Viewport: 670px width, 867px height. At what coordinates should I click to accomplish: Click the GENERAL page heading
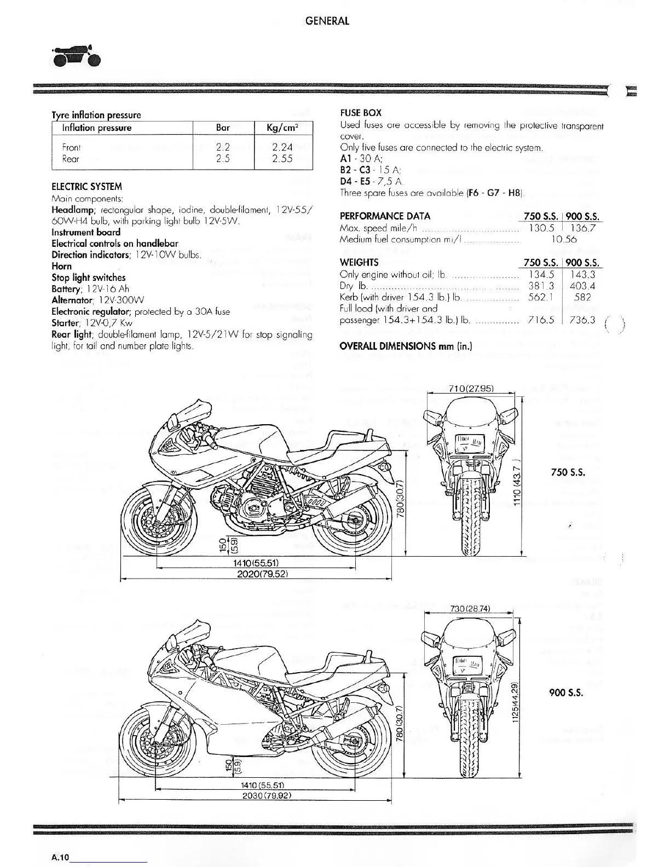click(x=327, y=21)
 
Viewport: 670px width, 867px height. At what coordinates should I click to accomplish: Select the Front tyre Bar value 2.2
click(x=223, y=147)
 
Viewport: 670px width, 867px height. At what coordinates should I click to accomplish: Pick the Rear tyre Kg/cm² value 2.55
click(x=282, y=159)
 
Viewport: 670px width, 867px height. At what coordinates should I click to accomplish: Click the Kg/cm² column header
click(x=282, y=128)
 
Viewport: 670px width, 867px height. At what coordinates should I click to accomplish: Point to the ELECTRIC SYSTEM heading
click(x=86, y=186)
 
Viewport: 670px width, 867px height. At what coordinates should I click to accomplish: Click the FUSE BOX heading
click(x=360, y=113)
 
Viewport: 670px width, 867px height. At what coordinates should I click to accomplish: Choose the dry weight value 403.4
click(x=582, y=286)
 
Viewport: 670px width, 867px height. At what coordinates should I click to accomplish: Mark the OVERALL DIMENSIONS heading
click(x=406, y=346)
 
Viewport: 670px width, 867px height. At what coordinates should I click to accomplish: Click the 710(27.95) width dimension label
click(x=471, y=389)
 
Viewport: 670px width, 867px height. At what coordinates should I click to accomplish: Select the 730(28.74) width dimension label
click(x=469, y=609)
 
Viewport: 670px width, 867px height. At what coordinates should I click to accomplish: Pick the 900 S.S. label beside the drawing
click(x=566, y=692)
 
